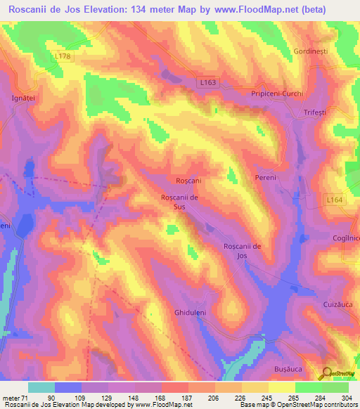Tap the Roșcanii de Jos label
click(243, 251)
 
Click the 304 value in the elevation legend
click(347, 398)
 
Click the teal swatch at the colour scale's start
click(41, 387)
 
